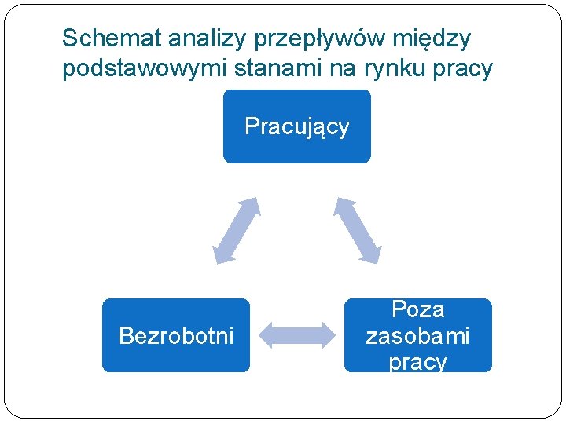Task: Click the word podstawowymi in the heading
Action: coord(145,70)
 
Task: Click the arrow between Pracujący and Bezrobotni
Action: coord(236,230)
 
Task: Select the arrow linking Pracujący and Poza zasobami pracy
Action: coord(358,229)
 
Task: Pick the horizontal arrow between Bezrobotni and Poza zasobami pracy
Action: coord(296,335)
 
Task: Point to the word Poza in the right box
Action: coord(417,309)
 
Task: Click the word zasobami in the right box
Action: coord(417,336)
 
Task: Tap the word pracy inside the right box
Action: coord(417,362)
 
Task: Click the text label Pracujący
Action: coord(296,126)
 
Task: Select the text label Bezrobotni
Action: coord(176,336)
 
